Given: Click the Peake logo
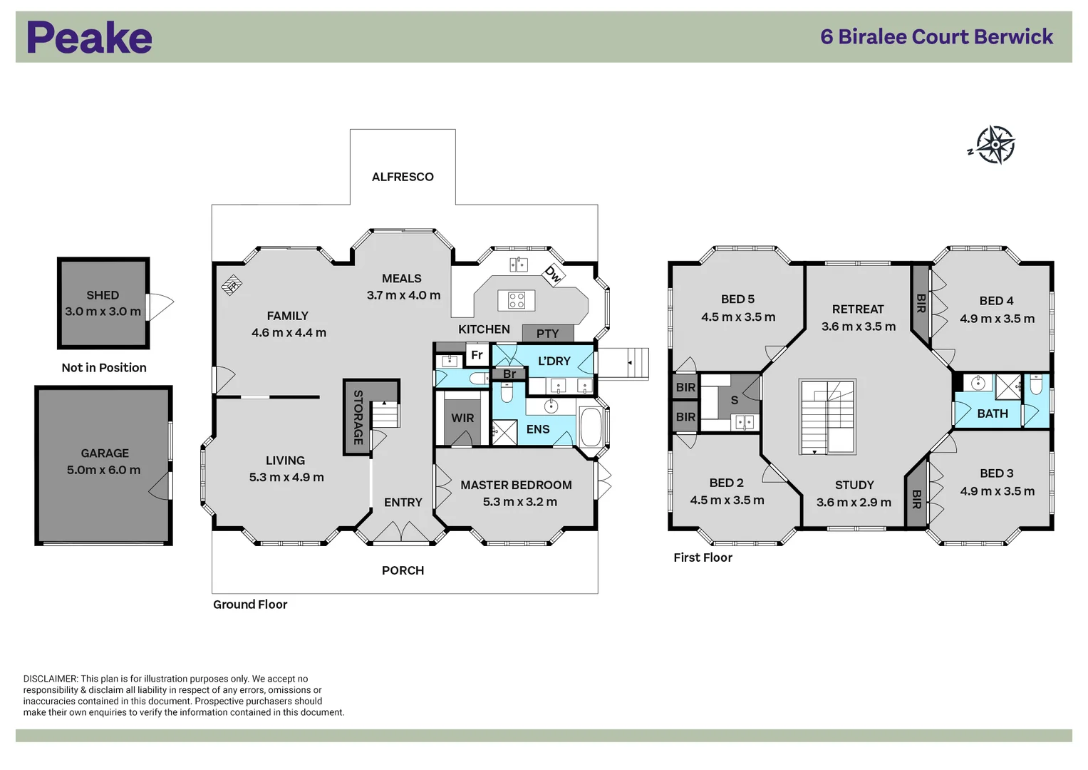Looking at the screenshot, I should tap(89, 38).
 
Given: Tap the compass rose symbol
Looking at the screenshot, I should tap(995, 145).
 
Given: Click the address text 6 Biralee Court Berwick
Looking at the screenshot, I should tap(936, 37).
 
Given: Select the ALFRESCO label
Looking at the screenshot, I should tap(403, 177).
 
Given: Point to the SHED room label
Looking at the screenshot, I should tap(103, 295).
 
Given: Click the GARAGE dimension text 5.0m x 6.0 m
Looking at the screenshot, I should tap(104, 471).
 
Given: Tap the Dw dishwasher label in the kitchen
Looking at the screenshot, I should tap(553, 274).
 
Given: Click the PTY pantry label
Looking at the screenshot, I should tap(547, 334).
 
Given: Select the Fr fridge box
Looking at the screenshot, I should tap(477, 355).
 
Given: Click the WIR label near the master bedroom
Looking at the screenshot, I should tap(462, 419).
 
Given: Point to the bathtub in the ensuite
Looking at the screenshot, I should tap(591, 427).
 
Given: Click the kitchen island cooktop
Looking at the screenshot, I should tap(517, 300).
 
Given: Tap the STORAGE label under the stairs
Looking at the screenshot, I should tap(358, 417).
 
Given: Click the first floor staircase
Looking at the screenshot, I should tap(827, 417).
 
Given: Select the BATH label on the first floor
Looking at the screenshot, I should tap(992, 414).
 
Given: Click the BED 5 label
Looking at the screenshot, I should tap(737, 299).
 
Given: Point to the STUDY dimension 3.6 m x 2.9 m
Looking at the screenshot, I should tap(854, 503).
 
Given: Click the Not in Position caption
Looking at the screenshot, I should tap(104, 368).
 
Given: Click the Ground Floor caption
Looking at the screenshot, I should tap(250, 605).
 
